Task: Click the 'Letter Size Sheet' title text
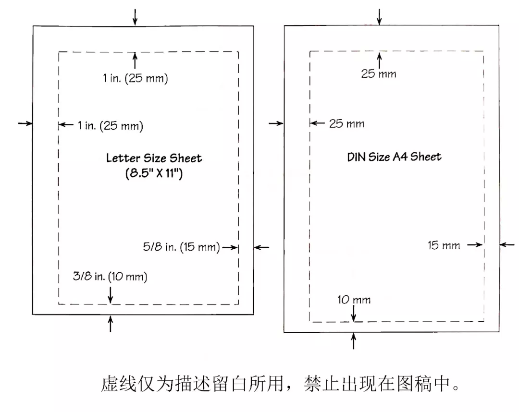click(154, 158)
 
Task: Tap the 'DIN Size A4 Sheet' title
click(394, 157)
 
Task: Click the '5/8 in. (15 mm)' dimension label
click(181, 247)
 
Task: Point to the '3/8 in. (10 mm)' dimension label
click(110, 277)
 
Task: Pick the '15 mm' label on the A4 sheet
click(444, 245)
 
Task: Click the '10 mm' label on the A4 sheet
click(354, 300)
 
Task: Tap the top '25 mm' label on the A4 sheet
click(379, 74)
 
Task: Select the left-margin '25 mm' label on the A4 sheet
click(346, 123)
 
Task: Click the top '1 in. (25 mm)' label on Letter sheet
click(136, 79)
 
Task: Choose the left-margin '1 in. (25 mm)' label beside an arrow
click(111, 126)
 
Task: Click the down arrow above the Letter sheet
click(135, 17)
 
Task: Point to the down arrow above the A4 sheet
click(379, 16)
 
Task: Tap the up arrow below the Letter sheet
click(111, 324)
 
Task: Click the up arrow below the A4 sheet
click(354, 341)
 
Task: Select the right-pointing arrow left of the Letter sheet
click(25, 123)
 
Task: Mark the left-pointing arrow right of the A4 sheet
click(507, 244)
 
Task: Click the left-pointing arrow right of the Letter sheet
click(261, 247)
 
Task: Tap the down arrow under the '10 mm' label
click(354, 314)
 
